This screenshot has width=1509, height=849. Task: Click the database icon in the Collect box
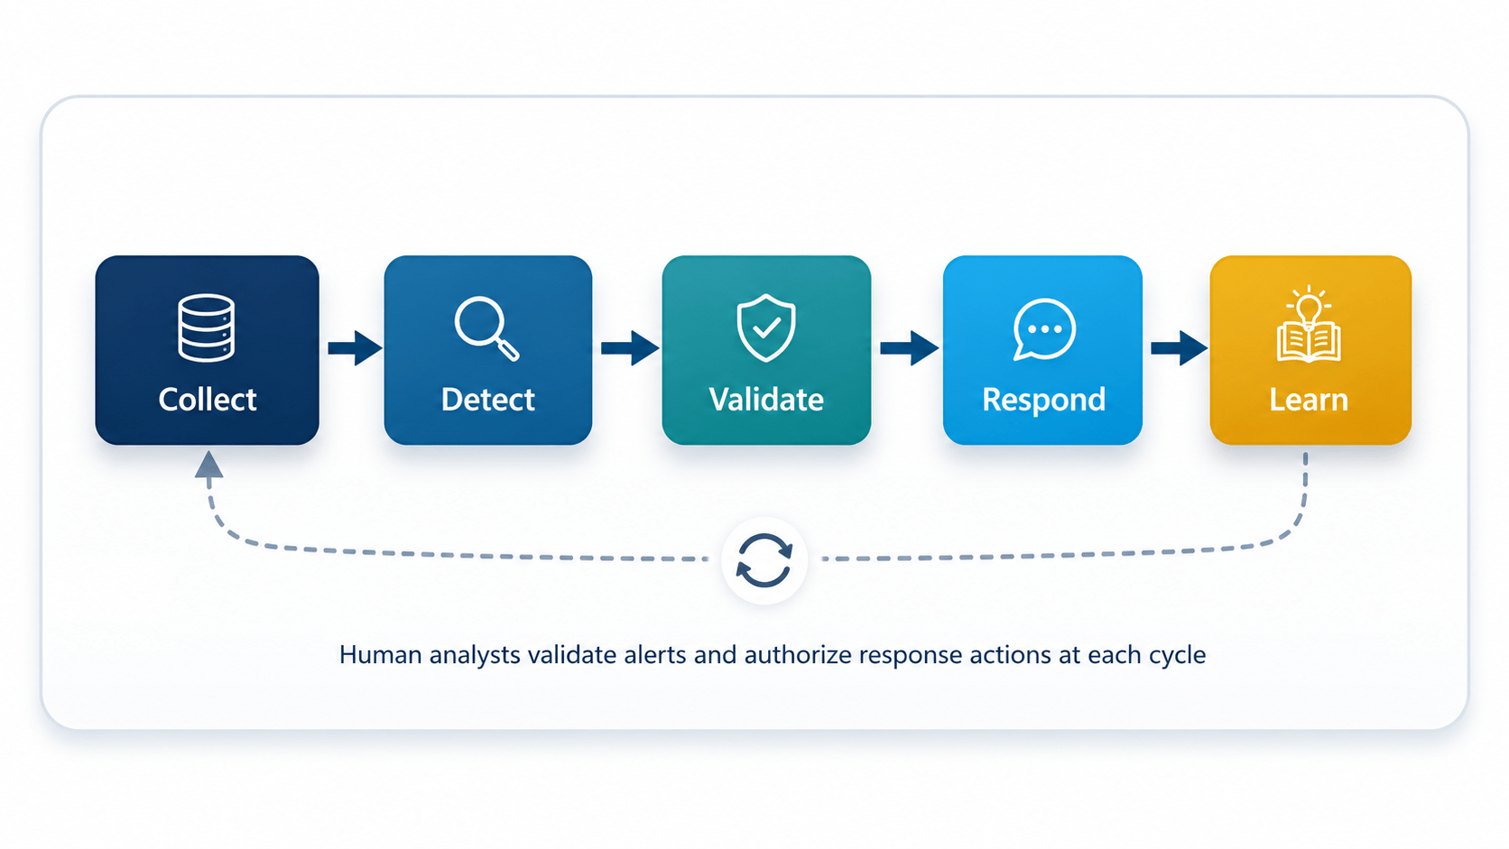(x=206, y=328)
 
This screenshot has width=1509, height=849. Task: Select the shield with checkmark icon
(x=766, y=328)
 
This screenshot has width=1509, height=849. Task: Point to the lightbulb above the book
(x=1309, y=307)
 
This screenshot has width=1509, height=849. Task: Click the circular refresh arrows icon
(x=764, y=560)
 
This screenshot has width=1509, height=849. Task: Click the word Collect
(x=208, y=400)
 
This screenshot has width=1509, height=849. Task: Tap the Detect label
(x=487, y=400)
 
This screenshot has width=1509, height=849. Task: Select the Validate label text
(x=766, y=400)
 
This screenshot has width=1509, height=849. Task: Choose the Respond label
(x=1043, y=401)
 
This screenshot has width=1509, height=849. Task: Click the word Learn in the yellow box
(x=1309, y=400)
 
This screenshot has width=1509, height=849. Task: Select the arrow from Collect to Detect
(x=355, y=348)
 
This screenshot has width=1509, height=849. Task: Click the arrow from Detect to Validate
(x=630, y=348)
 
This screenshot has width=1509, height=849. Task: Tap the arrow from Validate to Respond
(x=910, y=348)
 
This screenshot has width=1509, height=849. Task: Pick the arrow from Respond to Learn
(x=1179, y=348)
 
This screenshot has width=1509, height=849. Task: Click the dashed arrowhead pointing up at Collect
(x=208, y=466)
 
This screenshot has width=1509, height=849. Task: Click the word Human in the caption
(x=381, y=654)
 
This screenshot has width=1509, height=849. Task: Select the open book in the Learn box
(x=1309, y=343)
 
